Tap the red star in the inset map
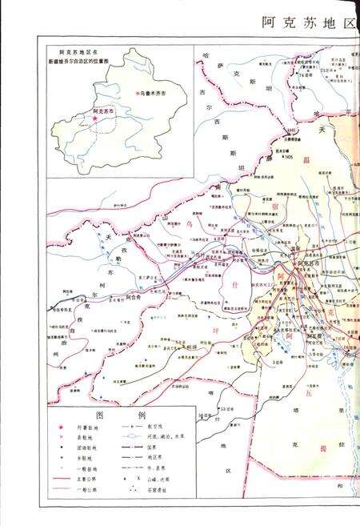click(x=95, y=119)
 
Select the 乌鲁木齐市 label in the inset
click(x=153, y=93)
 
